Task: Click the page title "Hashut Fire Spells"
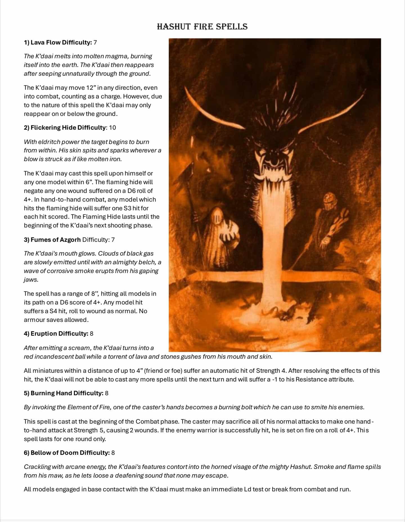(202, 27)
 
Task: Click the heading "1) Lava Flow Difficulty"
(58, 42)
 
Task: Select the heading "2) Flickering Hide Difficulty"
(65, 128)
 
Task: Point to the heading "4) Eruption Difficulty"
(56, 334)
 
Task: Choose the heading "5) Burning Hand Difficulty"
(64, 393)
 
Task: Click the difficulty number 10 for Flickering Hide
(112, 128)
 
